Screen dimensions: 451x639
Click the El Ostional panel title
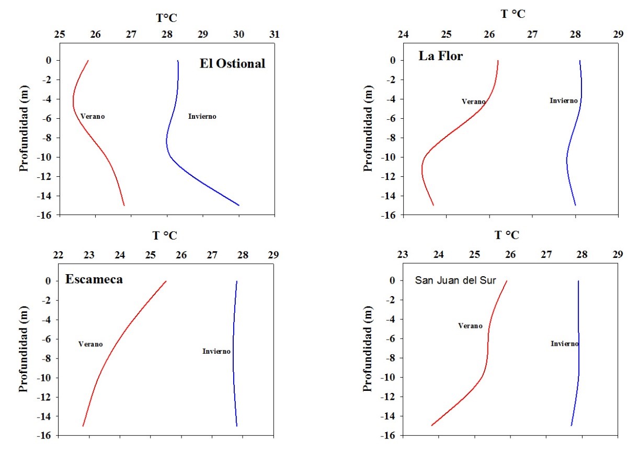(232, 64)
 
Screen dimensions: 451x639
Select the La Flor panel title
(440, 56)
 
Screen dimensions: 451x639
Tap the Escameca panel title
(94, 279)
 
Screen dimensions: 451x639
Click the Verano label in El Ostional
(93, 116)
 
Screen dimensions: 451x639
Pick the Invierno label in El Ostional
(202, 116)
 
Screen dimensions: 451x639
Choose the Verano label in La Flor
(473, 102)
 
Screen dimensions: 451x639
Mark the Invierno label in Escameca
(216, 351)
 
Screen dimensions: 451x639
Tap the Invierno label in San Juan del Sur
(564, 344)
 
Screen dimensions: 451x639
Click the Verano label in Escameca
(90, 344)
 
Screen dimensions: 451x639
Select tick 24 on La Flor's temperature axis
(403, 35)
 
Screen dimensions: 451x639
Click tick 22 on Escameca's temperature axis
(59, 255)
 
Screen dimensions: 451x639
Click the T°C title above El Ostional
(167, 18)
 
